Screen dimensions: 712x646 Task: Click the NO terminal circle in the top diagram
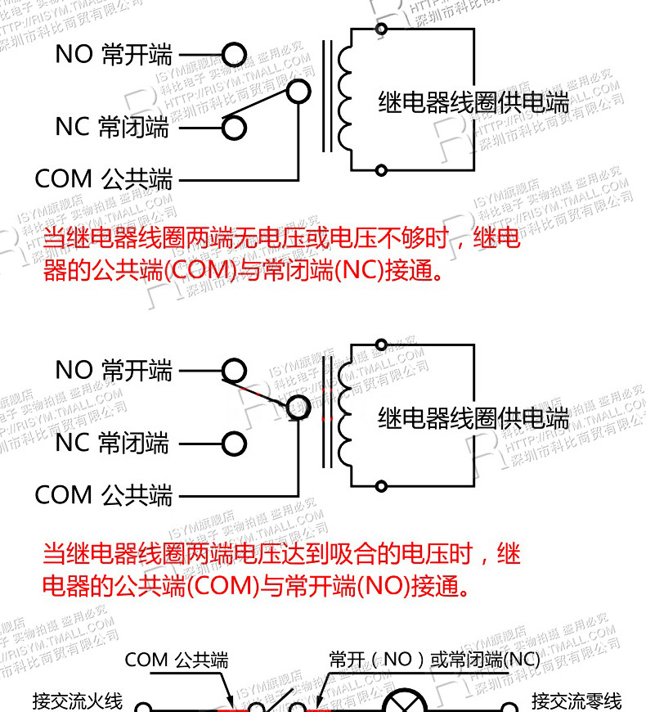234,55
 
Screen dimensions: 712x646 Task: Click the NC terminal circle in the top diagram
234,127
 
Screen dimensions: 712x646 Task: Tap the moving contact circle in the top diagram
298,91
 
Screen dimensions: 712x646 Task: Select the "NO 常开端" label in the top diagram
114,55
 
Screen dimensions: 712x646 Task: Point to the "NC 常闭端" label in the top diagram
112,127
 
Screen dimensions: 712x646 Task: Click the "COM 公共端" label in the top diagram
104,178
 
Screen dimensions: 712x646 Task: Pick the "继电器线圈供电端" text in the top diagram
473,102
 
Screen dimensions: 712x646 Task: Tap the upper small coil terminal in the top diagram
380,29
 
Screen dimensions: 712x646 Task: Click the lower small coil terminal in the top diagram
380,170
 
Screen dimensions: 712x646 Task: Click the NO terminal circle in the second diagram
234,372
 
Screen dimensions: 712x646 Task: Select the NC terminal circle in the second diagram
234,444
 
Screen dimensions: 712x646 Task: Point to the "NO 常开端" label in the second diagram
114,371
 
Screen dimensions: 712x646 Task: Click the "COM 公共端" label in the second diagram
104,495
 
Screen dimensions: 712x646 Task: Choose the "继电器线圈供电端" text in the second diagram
473,419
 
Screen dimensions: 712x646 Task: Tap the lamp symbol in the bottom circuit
403,705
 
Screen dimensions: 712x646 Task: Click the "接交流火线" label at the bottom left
78,701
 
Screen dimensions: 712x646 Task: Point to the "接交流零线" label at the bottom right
576,701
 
